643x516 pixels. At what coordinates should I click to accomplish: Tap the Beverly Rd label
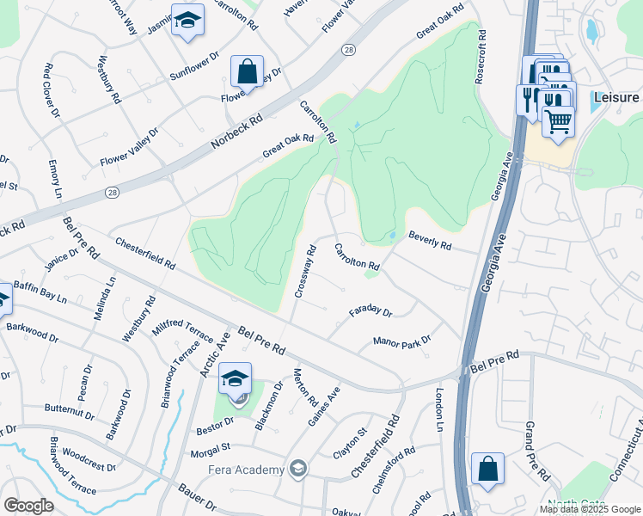[x=430, y=239]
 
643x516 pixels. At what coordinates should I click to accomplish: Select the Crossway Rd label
[x=306, y=272]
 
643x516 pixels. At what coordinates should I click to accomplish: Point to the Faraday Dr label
[x=370, y=311]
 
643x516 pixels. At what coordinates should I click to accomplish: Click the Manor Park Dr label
[x=401, y=341]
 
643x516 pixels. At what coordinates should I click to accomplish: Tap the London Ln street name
[x=439, y=409]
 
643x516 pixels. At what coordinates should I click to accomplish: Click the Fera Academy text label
[x=246, y=470]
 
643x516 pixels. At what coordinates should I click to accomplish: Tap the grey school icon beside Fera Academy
[x=298, y=469]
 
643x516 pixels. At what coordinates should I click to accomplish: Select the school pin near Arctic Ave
[x=236, y=378]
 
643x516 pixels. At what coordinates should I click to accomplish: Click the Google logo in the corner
[x=29, y=506]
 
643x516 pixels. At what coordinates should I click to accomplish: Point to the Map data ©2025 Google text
[x=589, y=509]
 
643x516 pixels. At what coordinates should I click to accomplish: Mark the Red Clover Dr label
[x=51, y=90]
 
